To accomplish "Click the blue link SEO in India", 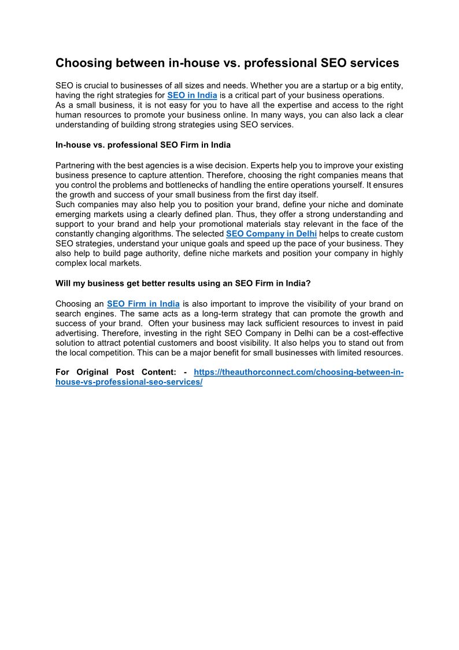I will (x=192, y=95).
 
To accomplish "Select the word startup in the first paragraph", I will (x=324, y=85).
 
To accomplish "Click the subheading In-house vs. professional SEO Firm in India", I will (x=143, y=144).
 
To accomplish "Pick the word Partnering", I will (x=76, y=166).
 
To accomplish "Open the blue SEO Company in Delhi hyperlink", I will (x=271, y=234).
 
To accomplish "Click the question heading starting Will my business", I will (x=183, y=283).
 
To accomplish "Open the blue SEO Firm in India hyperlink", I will (x=143, y=304).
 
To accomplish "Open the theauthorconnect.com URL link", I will (x=298, y=373).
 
